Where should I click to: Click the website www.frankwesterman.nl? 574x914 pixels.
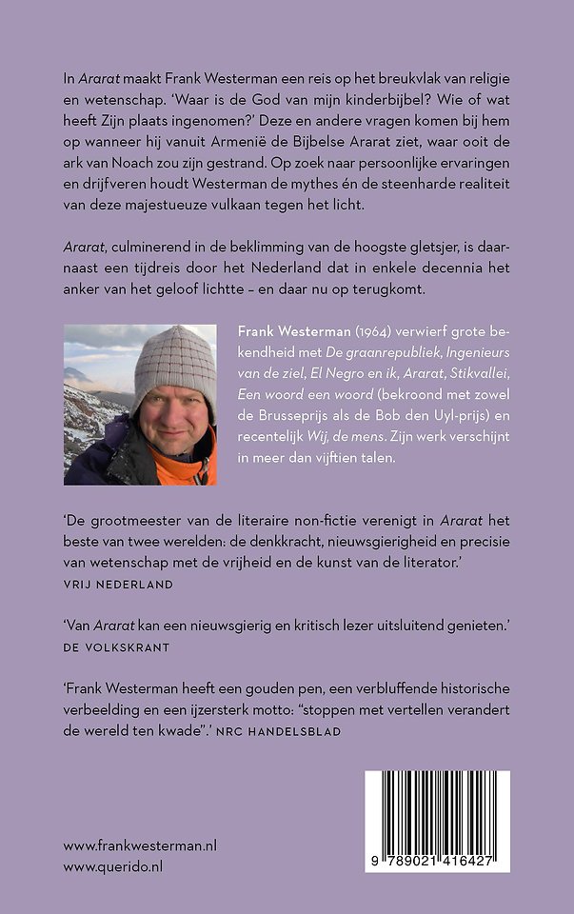141,844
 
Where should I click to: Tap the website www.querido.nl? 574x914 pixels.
112,866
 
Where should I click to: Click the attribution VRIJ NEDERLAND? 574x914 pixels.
118,584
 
